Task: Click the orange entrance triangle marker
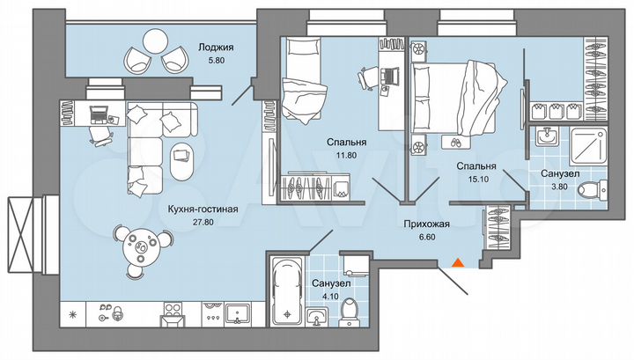456,261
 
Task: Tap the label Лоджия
216,48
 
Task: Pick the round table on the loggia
154,41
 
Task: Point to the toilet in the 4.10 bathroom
349,310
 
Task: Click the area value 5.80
216,62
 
